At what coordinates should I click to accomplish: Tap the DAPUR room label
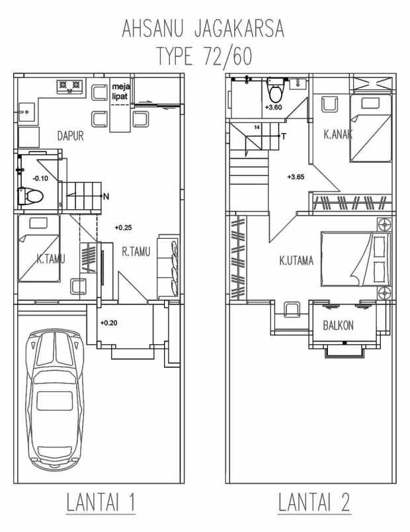pos(69,137)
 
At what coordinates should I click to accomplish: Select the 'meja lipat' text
pos(120,91)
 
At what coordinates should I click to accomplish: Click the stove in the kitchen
pos(70,85)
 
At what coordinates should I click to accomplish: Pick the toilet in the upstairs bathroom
pos(274,90)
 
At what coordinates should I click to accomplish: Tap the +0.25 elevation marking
pos(124,228)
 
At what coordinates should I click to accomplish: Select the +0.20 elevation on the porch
pos(109,323)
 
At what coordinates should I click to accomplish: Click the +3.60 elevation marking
pos(273,107)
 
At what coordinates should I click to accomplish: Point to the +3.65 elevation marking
pos(296,177)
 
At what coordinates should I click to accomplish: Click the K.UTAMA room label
pos(296,261)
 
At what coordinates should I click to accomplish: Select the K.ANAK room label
pos(337,135)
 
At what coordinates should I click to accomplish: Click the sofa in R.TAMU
pos(167,265)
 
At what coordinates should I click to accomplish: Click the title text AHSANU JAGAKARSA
pos(204,30)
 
